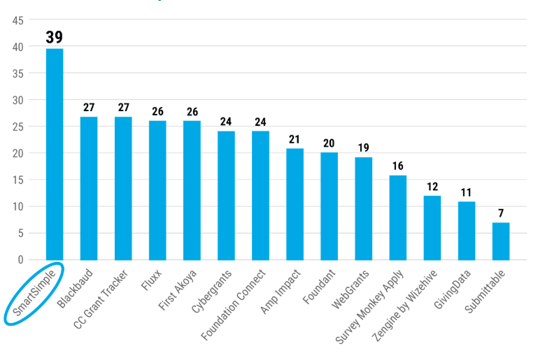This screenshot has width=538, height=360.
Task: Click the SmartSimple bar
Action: (x=55, y=154)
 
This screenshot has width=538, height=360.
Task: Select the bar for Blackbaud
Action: (x=89, y=188)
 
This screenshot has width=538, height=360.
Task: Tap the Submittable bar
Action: (x=501, y=241)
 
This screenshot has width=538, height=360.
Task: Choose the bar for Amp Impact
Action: (x=295, y=204)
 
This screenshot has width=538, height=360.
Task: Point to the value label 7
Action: (x=501, y=213)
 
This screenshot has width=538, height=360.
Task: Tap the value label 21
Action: (x=295, y=139)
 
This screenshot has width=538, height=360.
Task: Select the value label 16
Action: (x=397, y=166)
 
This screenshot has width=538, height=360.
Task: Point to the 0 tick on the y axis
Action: (x=20, y=260)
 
